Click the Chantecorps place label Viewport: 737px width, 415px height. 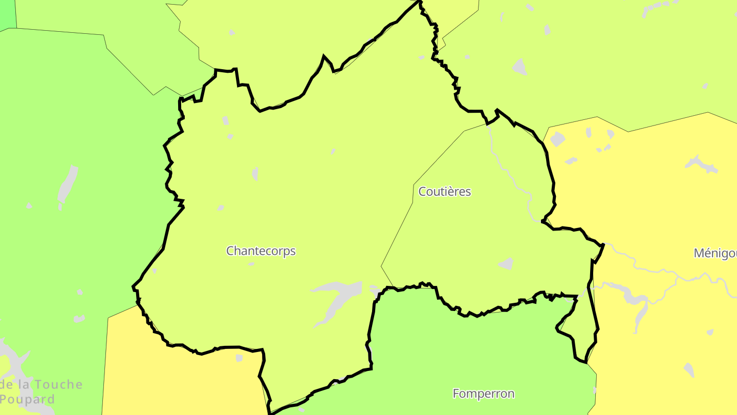tap(261, 251)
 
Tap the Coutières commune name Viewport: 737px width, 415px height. tap(445, 192)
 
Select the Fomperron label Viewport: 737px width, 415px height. tap(483, 393)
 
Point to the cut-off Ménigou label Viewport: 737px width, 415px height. tap(716, 253)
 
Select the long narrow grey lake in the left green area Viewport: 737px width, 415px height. tap(67, 185)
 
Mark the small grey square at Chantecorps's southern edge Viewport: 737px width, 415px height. tap(239, 358)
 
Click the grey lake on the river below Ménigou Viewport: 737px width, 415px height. tap(635, 300)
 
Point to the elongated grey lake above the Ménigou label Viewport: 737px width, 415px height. tap(702, 164)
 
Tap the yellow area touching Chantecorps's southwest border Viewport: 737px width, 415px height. tap(194, 379)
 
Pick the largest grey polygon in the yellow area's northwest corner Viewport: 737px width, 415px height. tap(557, 139)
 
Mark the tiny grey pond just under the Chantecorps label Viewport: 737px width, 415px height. tap(251, 264)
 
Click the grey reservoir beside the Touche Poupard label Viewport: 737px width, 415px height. tap(13, 361)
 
